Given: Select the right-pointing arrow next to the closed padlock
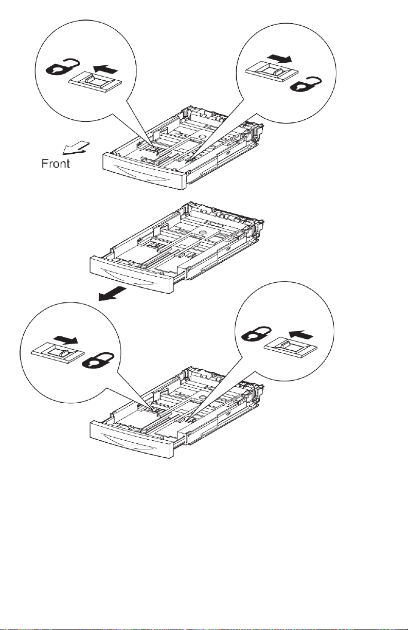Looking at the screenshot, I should click(x=67, y=340).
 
